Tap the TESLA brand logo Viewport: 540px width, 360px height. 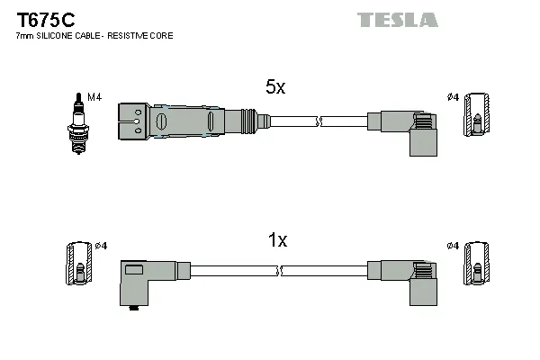397,19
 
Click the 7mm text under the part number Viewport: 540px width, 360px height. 25,35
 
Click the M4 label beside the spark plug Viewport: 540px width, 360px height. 93,96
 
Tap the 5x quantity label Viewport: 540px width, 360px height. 274,87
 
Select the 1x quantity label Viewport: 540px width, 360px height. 277,240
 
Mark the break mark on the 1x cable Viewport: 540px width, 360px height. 282,270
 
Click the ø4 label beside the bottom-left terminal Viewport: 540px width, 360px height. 102,247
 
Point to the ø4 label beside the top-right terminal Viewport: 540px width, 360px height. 453,96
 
